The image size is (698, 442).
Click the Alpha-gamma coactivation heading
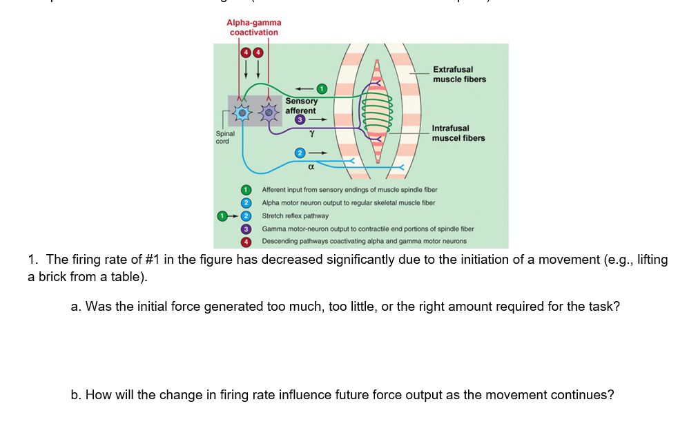pos(253,28)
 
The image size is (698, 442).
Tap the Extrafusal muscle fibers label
pos(459,75)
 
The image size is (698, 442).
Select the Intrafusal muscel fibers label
pos(458,133)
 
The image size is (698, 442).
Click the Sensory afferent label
pos(301,106)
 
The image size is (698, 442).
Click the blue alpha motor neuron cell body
pos(241,111)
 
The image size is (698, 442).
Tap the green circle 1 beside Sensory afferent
pos(321,88)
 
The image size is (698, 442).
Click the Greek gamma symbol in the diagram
pos(312,131)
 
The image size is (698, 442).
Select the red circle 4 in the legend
pos(244,242)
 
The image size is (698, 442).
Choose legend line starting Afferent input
pos(349,189)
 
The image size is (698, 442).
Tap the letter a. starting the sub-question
pos(76,306)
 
